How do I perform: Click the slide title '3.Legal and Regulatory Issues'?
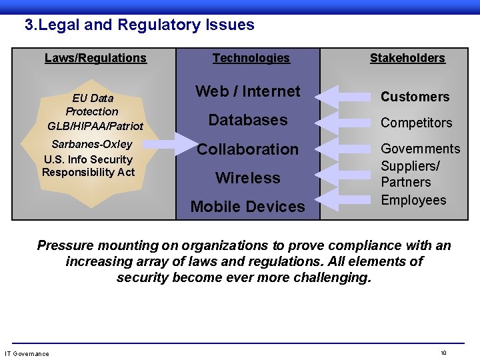(x=139, y=25)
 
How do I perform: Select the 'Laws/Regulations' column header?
(x=95, y=58)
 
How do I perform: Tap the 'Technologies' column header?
(x=251, y=58)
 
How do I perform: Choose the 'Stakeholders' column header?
(x=407, y=58)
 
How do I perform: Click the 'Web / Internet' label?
(x=247, y=91)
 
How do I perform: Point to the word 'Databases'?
(x=247, y=120)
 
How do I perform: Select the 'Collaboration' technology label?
(x=247, y=149)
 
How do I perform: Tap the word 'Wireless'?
(x=247, y=178)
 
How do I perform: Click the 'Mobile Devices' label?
(x=247, y=207)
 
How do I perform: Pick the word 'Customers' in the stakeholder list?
(x=415, y=97)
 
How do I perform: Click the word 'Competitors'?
(x=416, y=123)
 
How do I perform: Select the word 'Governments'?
(x=420, y=149)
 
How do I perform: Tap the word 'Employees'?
(x=413, y=200)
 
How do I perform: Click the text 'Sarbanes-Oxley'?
(x=92, y=144)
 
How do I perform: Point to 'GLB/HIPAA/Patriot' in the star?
(x=95, y=125)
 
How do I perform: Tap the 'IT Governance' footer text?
(x=27, y=353)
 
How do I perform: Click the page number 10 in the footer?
(x=443, y=353)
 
